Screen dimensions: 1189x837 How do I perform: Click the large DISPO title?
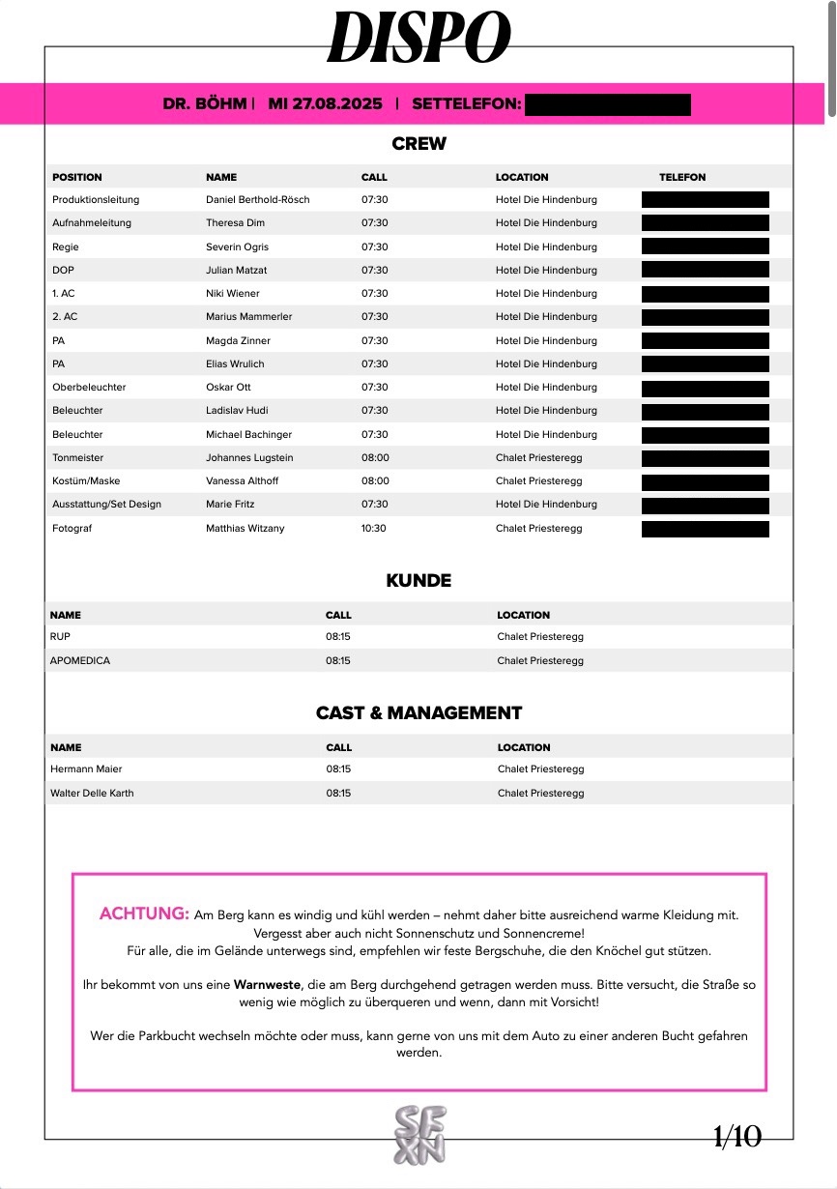[418, 39]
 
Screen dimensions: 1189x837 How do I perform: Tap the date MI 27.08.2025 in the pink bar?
[325, 103]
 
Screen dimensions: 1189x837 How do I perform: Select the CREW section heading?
[418, 144]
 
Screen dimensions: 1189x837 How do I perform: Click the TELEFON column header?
[682, 177]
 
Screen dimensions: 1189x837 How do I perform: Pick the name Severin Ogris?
[238, 246]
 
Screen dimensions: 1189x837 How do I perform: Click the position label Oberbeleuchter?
[89, 387]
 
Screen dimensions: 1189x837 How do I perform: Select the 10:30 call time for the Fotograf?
[374, 528]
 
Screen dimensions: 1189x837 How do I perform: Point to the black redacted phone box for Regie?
[706, 246]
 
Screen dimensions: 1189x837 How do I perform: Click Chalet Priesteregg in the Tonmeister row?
[539, 457]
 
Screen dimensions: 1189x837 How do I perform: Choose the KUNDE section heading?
[418, 581]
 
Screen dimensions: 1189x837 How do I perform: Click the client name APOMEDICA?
[80, 661]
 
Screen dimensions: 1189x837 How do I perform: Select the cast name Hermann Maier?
[86, 769]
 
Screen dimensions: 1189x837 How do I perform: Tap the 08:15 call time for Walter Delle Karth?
[338, 793]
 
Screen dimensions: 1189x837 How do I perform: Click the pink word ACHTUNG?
[144, 913]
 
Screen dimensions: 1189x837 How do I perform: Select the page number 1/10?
[737, 1137]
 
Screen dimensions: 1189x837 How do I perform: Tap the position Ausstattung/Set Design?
[106, 504]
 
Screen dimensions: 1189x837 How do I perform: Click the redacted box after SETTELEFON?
[608, 104]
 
